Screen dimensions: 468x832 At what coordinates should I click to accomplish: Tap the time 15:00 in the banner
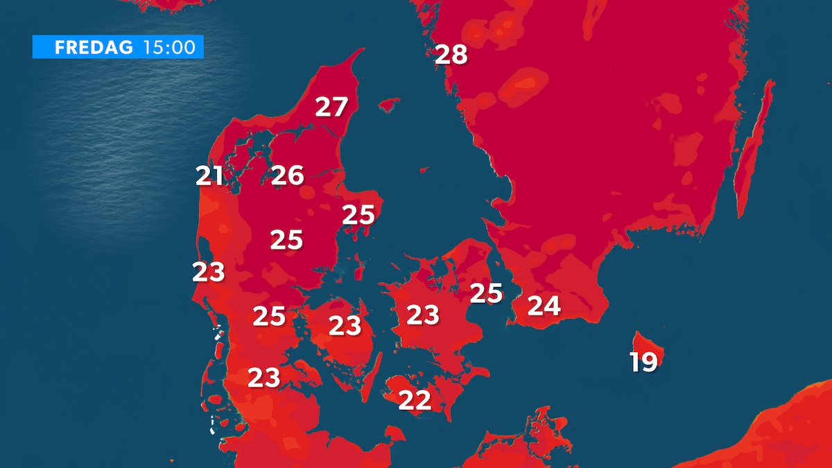point(169,48)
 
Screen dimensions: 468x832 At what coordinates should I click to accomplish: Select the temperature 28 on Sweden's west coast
point(451,54)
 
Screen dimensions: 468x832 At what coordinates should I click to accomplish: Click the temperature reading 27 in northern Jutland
point(331,107)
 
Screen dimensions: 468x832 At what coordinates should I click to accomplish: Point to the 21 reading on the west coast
point(209,176)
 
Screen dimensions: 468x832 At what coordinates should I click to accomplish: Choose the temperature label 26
point(287,175)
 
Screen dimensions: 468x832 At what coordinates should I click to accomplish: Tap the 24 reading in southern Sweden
point(544,305)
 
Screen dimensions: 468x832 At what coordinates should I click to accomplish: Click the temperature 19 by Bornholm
point(643,362)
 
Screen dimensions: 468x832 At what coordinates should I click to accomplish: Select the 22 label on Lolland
point(415,399)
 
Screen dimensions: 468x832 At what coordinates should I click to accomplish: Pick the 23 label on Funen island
point(345,324)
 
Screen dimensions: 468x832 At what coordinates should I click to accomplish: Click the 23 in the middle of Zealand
point(422,315)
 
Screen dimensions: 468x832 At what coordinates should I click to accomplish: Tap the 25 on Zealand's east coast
point(485,293)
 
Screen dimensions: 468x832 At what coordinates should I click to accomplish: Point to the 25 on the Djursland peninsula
point(358,215)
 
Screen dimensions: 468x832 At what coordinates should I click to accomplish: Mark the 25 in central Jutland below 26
point(286,240)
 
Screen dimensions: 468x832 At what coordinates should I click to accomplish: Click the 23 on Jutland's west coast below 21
point(209,272)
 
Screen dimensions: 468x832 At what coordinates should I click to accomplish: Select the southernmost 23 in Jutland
point(263,377)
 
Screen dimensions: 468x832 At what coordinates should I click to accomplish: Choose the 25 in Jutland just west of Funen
point(269,316)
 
